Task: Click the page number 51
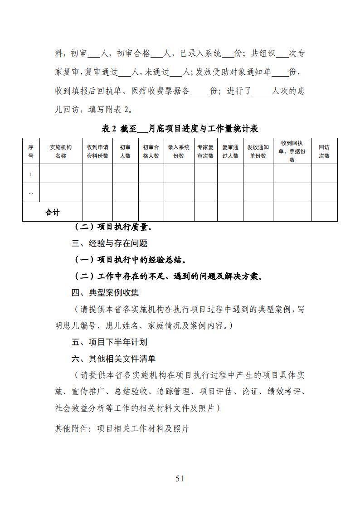pos(180,479)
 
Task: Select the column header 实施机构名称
pos(61,151)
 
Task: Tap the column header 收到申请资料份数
pos(97,151)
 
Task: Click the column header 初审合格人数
pos(151,151)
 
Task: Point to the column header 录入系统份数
pos(179,151)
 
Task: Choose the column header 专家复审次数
pos(205,151)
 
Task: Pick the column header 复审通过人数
pos(230,151)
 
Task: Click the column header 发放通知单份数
pos(258,151)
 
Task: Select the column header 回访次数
pos(324,151)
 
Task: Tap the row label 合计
pos(53,212)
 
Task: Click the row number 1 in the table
pos(31,174)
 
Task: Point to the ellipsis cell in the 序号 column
pos(31,193)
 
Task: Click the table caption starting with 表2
pos(180,129)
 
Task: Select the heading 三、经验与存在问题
pos(109,243)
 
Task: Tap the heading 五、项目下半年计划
pos(109,342)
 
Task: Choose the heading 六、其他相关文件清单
pos(113,359)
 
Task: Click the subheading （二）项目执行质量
pos(113,227)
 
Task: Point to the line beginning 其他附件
pos(122,428)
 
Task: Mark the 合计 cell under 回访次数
pos(324,212)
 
